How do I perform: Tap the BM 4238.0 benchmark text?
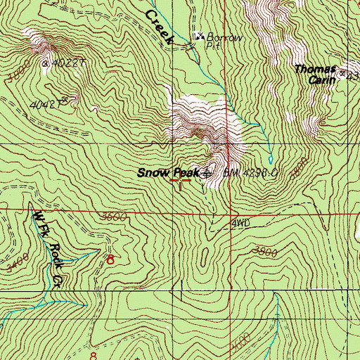pos(252,172)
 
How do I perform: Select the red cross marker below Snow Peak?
pos(181,182)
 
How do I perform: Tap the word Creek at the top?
pos(159,27)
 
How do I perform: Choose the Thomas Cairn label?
pos(315,74)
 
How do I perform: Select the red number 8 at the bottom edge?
pos(95,355)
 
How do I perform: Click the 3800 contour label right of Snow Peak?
pos(298,169)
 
